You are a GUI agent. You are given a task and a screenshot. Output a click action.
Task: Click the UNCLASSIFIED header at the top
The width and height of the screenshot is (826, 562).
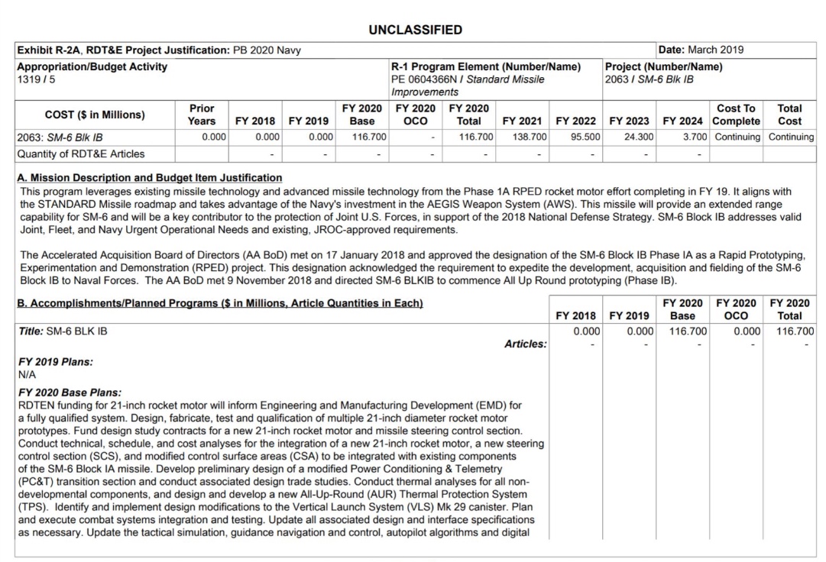coord(415,31)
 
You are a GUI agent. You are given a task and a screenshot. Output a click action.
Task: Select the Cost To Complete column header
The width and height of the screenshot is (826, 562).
coord(736,115)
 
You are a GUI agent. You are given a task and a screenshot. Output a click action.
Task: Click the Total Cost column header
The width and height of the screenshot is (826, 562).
coord(789,115)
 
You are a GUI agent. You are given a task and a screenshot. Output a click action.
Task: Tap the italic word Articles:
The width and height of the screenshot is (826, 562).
coord(526,344)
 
